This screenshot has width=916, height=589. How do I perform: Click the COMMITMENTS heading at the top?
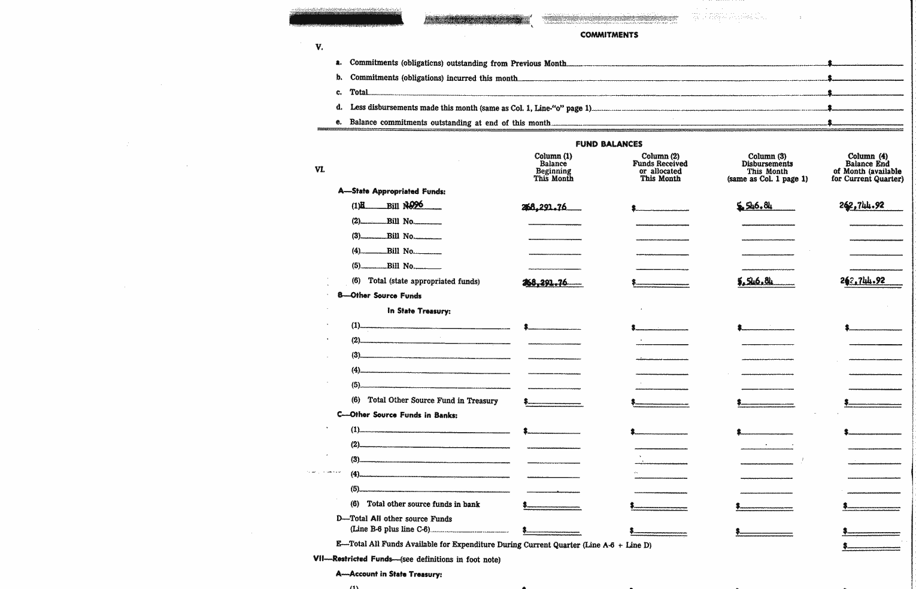tap(609, 35)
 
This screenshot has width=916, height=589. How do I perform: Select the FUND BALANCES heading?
tap(608, 144)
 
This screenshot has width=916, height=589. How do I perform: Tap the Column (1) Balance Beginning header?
tap(553, 167)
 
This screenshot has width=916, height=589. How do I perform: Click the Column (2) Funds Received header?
tap(660, 167)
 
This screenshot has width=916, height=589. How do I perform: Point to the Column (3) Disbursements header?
tap(767, 167)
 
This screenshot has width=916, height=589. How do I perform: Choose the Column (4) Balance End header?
tap(867, 167)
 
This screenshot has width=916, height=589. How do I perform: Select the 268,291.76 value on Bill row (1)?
tap(544, 207)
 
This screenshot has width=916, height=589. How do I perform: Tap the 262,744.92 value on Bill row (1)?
tap(862, 205)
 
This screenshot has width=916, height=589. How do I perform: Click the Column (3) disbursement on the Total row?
tap(755, 281)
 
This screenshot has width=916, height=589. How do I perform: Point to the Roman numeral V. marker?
tap(319, 47)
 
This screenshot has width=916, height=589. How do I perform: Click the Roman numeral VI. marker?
tap(320, 169)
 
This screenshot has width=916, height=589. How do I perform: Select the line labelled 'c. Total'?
tap(359, 92)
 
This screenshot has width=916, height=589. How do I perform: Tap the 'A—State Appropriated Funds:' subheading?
tap(392, 192)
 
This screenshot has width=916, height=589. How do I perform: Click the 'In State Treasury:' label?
tap(418, 311)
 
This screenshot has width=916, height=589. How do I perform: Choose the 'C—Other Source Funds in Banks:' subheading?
tap(397, 415)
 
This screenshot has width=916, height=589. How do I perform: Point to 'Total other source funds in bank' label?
tap(423, 504)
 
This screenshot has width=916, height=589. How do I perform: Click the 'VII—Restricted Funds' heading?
tap(352, 559)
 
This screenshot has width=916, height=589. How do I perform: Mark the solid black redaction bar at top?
tap(345, 19)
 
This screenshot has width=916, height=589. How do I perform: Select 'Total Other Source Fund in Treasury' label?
tap(432, 400)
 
